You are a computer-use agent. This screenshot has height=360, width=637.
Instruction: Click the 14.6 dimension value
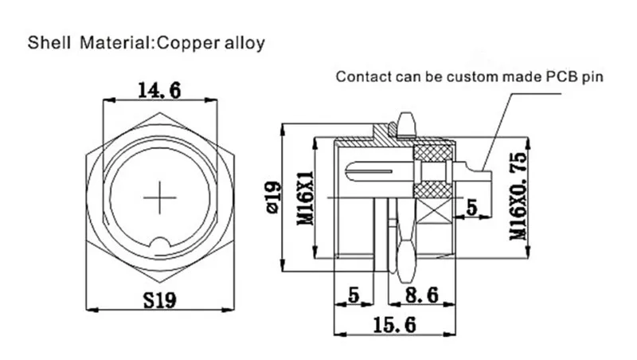(159, 90)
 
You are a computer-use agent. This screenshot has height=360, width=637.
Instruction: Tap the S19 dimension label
(160, 301)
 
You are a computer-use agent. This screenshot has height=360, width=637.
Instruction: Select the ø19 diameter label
(273, 197)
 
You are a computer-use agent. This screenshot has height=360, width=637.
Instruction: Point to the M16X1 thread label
(306, 198)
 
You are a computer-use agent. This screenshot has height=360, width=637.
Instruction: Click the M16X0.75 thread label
(518, 196)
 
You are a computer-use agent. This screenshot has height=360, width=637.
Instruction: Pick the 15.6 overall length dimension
(394, 325)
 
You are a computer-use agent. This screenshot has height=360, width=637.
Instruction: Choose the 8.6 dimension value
(422, 295)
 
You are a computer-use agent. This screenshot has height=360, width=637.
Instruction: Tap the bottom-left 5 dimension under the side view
(354, 295)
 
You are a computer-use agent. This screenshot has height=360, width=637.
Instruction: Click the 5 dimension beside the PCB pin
(471, 207)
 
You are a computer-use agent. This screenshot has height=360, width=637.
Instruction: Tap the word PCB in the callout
(562, 76)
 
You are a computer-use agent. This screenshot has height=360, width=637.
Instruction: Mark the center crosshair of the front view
(160, 198)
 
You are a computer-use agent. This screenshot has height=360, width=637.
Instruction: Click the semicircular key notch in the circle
(160, 243)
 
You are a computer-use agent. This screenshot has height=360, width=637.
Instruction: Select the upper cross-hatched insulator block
(433, 153)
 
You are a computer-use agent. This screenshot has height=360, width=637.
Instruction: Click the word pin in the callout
(592, 77)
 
